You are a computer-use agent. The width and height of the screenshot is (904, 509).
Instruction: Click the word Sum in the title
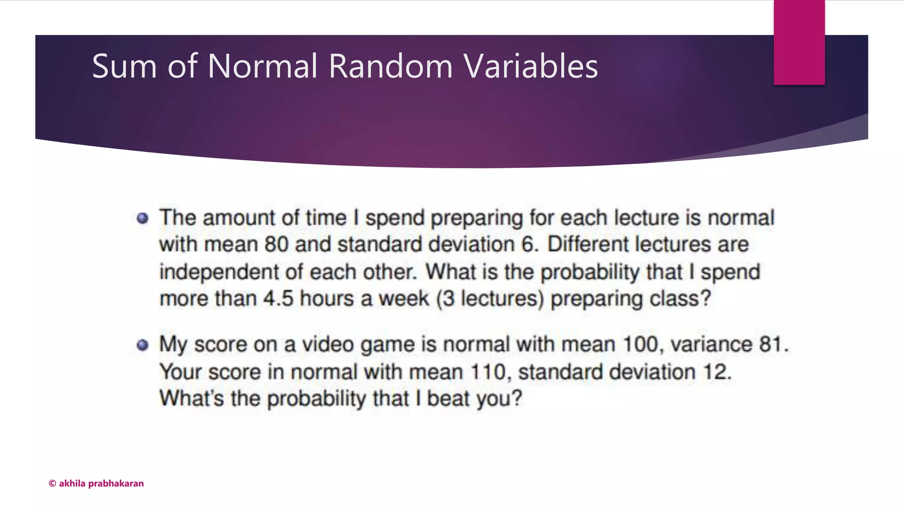124,66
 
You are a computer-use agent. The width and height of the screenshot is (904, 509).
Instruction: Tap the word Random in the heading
390,66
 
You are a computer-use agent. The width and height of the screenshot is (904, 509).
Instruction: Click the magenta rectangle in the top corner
799,42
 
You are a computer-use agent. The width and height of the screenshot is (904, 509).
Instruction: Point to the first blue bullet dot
142,218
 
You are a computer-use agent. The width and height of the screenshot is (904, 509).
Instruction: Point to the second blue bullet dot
142,345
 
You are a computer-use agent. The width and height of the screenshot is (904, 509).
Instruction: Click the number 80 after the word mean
276,244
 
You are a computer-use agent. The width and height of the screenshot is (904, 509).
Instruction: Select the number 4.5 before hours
278,299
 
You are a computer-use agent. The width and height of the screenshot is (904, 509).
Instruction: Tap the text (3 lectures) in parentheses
490,299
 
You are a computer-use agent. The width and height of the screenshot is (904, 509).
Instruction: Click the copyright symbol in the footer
52,483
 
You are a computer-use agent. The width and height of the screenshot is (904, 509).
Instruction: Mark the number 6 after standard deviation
527,244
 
